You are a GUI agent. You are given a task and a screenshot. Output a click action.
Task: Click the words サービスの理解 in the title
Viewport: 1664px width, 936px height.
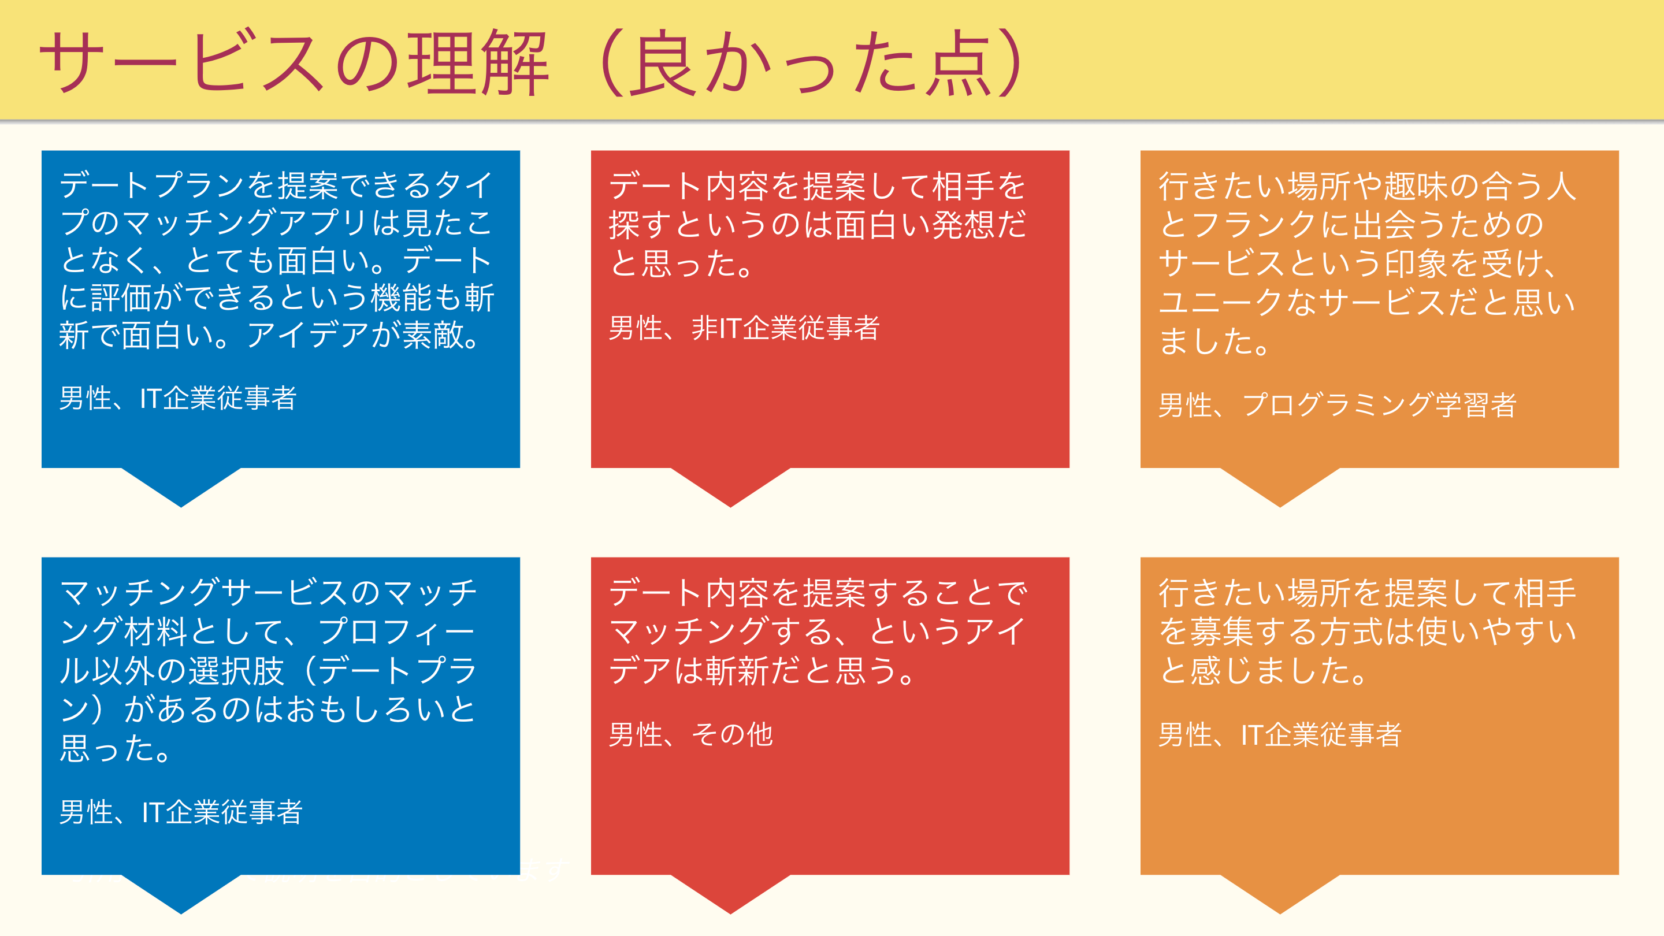click(x=294, y=62)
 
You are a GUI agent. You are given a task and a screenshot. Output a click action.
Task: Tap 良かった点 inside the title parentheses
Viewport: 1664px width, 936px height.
click(x=811, y=62)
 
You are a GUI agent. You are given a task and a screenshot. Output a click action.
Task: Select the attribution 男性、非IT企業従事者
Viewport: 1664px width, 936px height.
click(x=744, y=328)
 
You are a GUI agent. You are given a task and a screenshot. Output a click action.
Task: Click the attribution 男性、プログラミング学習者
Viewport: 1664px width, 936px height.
click(x=1337, y=405)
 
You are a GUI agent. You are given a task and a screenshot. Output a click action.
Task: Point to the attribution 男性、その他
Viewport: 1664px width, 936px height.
click(x=690, y=734)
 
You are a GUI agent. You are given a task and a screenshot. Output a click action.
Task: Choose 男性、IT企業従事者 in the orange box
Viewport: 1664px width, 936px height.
click(x=1280, y=734)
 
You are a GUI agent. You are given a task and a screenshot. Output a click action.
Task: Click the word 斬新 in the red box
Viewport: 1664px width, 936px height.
click(x=737, y=670)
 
